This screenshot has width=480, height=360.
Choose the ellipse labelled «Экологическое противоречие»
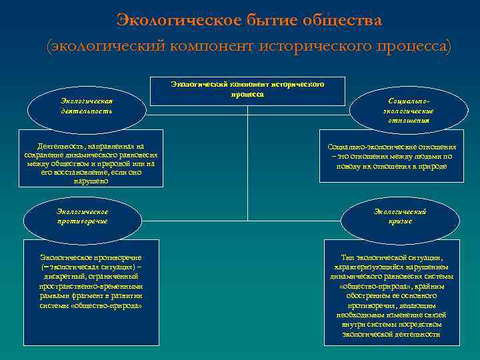[x=82, y=216]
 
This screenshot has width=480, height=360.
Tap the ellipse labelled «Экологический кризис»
[x=400, y=216]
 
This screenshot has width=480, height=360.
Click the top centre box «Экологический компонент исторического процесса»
[x=247, y=90]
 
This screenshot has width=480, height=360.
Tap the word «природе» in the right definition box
[x=432, y=165]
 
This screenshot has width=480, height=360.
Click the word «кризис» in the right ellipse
[x=400, y=221]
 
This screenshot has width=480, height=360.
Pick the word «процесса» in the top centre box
[x=247, y=94]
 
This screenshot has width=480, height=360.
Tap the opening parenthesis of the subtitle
[x=49, y=47]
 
